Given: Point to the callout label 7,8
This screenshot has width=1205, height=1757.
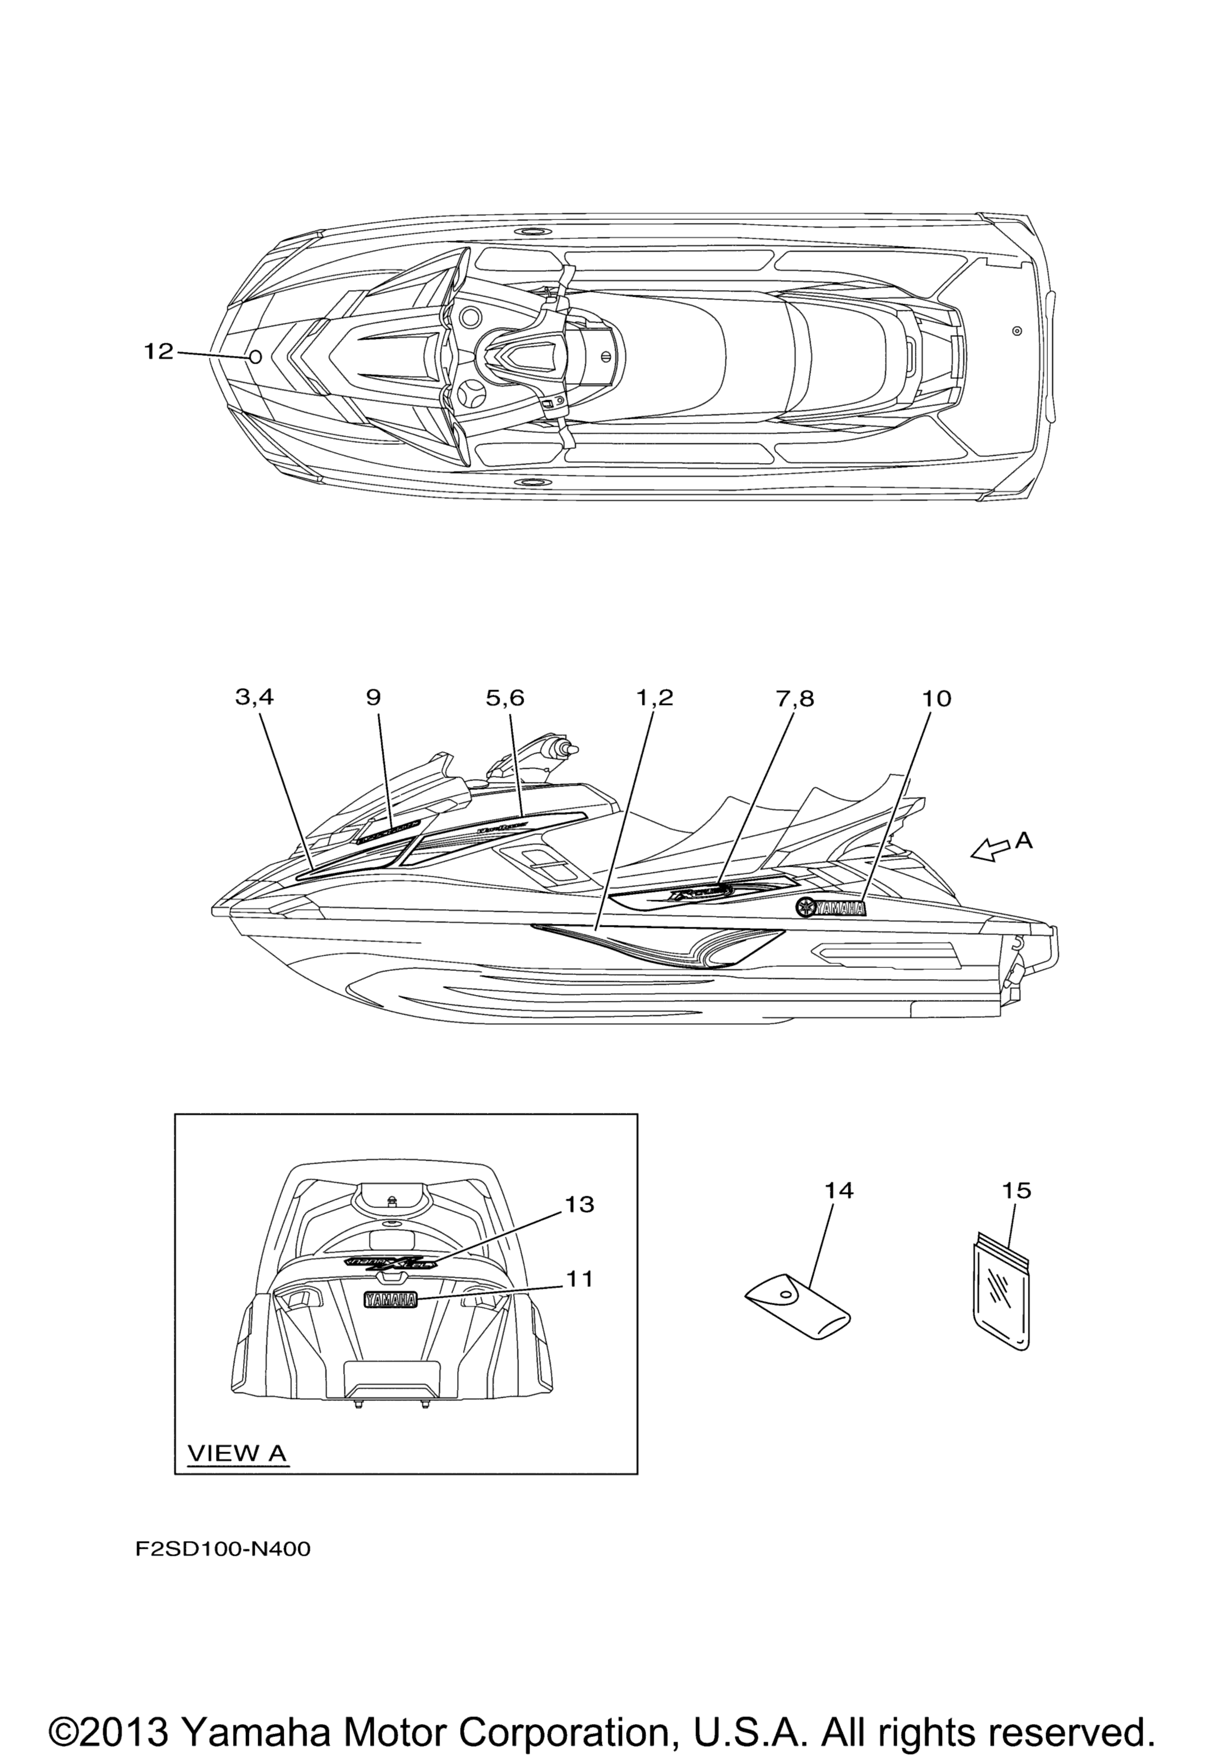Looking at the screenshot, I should click(794, 698).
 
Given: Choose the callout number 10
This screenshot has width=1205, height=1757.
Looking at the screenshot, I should click(936, 698).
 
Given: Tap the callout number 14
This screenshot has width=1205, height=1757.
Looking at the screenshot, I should click(838, 1191).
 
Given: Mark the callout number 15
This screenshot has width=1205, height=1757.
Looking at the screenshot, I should click(1016, 1191).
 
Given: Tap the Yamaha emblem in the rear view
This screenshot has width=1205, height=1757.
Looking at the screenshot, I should click(390, 1300).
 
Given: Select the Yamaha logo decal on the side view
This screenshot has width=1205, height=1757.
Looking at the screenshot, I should click(830, 908).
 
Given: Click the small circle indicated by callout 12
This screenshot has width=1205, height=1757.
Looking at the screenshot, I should click(255, 357).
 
